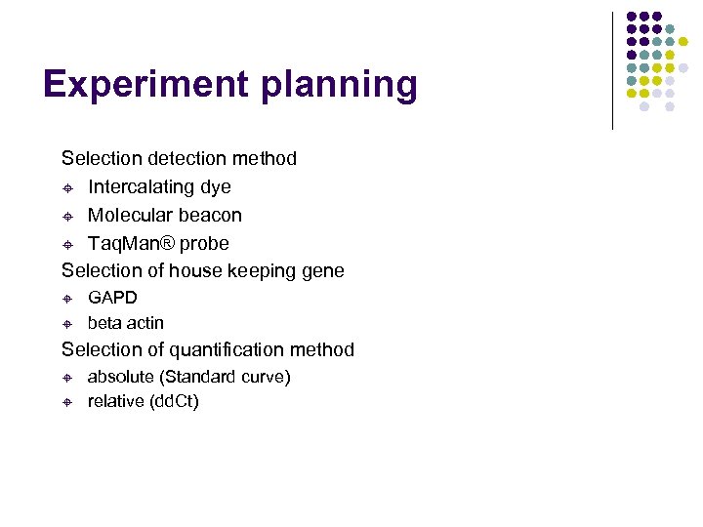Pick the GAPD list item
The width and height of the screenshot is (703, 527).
112,298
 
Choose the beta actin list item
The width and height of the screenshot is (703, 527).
126,323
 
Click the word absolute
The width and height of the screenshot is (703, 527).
123,377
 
